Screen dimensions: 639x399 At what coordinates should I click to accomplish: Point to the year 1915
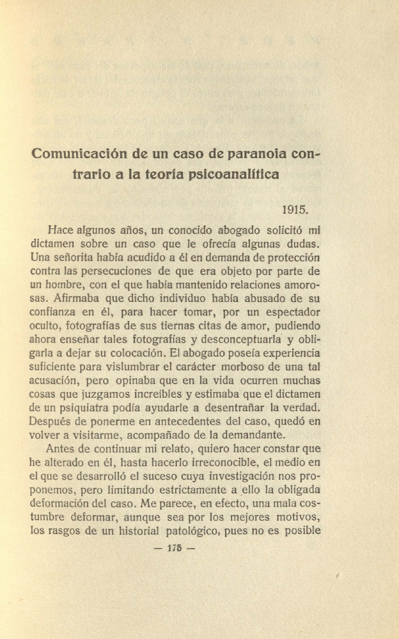[295, 209]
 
